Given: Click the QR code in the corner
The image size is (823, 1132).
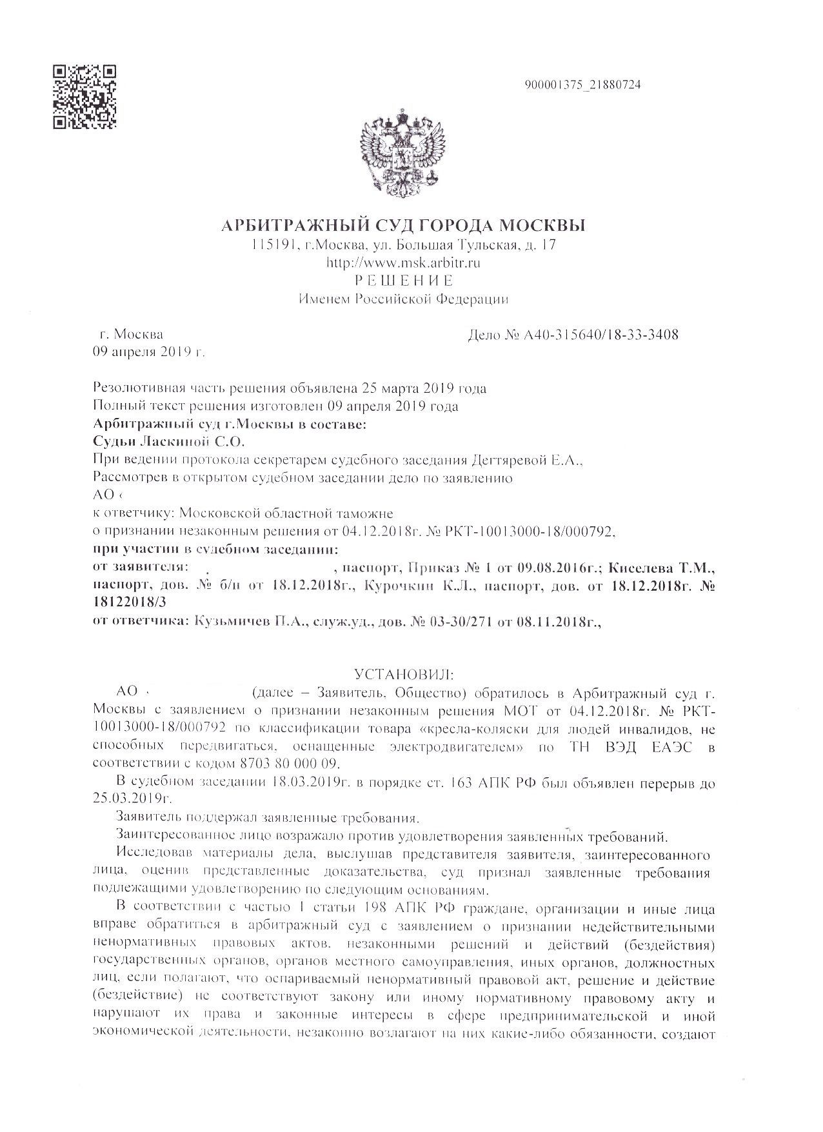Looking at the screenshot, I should (x=84, y=97).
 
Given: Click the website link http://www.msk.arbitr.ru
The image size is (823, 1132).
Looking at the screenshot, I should (x=404, y=263).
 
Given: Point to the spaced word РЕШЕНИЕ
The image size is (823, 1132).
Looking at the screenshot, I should (x=404, y=280).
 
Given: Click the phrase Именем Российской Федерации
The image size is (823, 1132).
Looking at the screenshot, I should (x=404, y=299).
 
